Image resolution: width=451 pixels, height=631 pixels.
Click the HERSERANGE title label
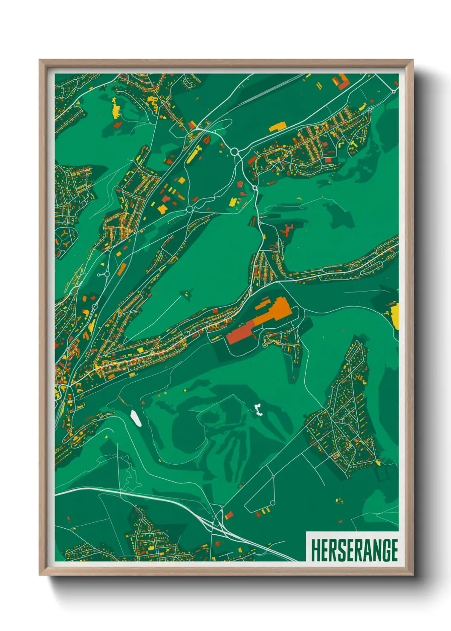(354, 550)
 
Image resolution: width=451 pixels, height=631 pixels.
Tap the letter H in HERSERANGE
(315, 550)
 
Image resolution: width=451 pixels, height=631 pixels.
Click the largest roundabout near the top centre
(234, 151)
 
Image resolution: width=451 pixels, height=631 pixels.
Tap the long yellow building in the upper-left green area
(116, 109)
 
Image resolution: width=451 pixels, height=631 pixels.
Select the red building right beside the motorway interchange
(229, 515)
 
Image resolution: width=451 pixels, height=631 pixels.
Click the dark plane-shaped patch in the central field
(186, 293)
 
